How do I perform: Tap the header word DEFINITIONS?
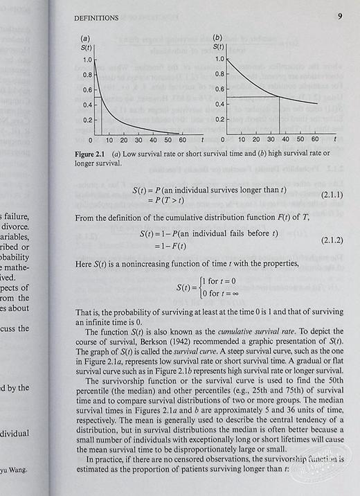pyautogui.click(x=102, y=17)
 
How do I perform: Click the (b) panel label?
pyautogui.click(x=217, y=37)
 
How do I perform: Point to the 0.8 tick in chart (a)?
pyautogui.click(x=87, y=74)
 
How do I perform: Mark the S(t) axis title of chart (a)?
pyautogui.click(x=87, y=47)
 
